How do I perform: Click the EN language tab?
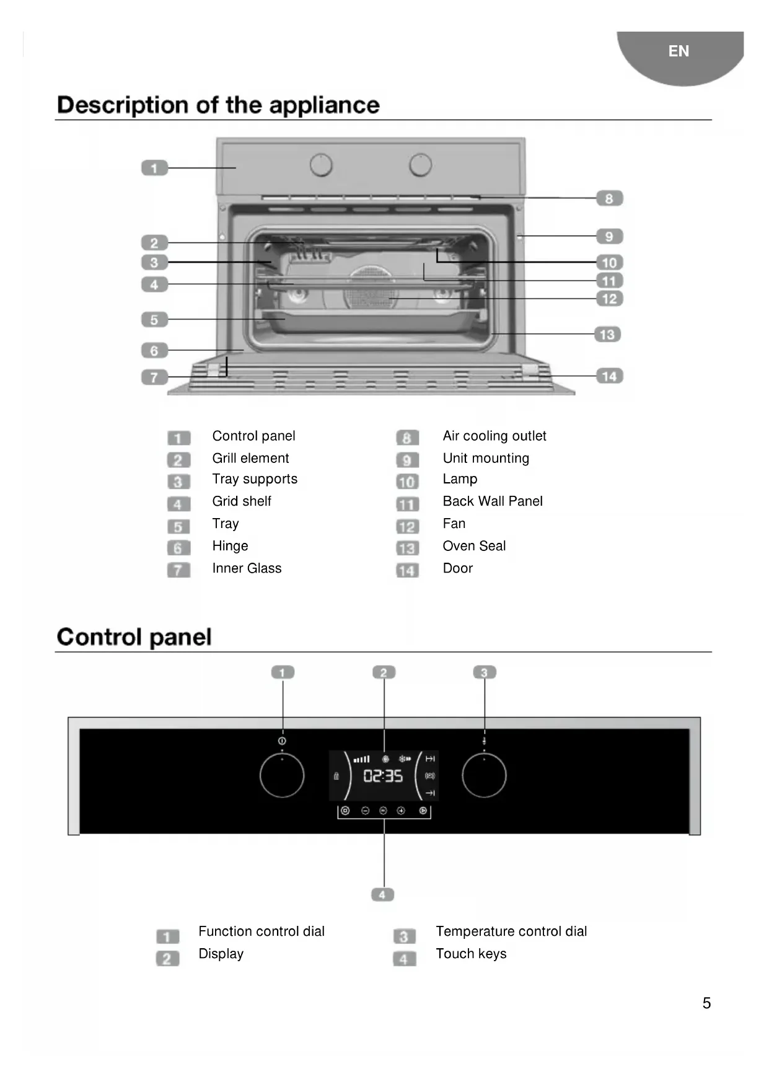click(679, 51)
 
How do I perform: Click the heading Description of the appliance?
click(218, 105)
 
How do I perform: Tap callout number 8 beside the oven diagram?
click(609, 198)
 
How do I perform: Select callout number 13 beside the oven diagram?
click(607, 335)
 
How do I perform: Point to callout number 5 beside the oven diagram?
click(154, 320)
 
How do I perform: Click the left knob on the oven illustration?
click(321, 165)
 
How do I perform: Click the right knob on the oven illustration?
click(420, 165)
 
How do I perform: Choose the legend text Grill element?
click(250, 458)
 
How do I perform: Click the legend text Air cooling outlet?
click(494, 436)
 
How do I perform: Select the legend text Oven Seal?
click(474, 546)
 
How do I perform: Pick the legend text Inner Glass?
click(247, 568)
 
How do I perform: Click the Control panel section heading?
click(134, 637)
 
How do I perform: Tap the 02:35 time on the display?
click(383, 776)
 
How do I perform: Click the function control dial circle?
click(282, 775)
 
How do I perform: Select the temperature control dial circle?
click(484, 775)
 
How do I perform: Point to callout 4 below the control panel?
click(382, 894)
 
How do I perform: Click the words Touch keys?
click(471, 954)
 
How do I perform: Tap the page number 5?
click(706, 1003)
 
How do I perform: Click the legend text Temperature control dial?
click(511, 931)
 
